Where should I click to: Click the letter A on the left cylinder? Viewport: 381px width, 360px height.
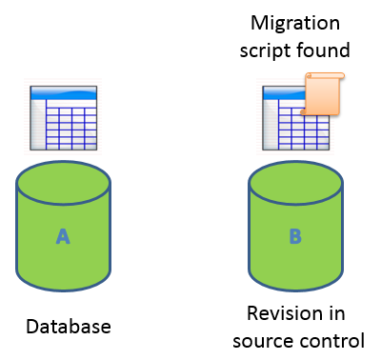point(63,236)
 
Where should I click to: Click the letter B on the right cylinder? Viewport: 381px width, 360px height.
point(294,236)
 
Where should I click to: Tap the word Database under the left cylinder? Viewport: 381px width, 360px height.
point(68,327)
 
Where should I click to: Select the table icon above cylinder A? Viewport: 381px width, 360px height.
point(64,116)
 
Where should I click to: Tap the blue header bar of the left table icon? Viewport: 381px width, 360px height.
point(64,92)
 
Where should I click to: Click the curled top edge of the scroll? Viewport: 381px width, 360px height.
point(324,76)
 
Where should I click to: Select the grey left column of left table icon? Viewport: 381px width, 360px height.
point(37,124)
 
